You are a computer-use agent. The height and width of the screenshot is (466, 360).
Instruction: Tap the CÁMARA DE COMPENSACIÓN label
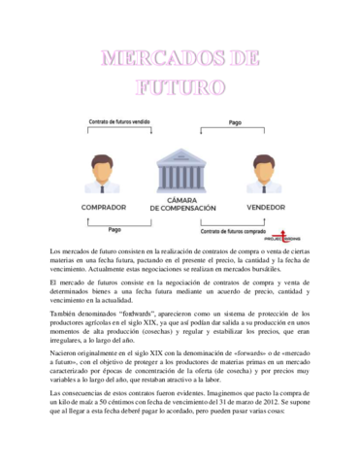pos(181,204)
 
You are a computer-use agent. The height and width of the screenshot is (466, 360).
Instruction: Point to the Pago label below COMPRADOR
pos(115,230)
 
